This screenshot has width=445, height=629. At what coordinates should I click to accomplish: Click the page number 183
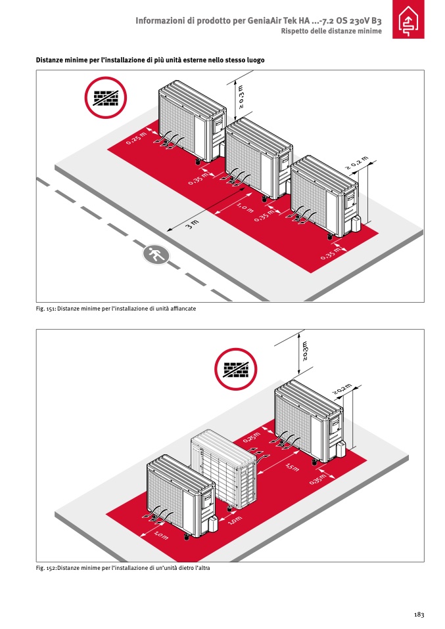tap(419, 614)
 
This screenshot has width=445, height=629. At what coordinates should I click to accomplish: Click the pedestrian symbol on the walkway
tap(156, 253)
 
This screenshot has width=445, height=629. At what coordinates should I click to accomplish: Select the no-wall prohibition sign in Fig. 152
tap(236, 369)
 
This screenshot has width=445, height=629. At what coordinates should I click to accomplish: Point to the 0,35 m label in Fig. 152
tap(317, 480)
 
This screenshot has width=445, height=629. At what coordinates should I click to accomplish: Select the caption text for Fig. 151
tap(116, 308)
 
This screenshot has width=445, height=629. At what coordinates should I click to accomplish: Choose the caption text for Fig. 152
tap(123, 567)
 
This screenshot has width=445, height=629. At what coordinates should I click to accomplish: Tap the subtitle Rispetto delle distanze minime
tap(331, 32)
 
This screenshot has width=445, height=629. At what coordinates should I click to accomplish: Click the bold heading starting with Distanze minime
tap(151, 60)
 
